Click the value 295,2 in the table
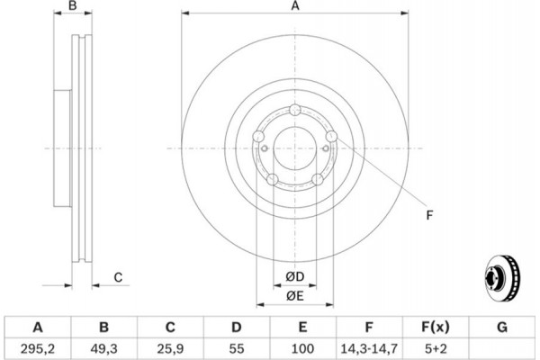click(x=38, y=348)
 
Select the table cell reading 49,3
click(x=104, y=348)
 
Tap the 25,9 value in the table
click(x=170, y=348)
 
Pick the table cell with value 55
click(x=237, y=348)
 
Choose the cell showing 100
click(x=302, y=348)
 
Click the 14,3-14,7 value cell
click(x=369, y=348)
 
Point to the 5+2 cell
click(x=436, y=348)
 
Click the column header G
click(x=502, y=327)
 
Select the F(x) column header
click(x=436, y=327)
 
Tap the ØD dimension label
click(x=295, y=276)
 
